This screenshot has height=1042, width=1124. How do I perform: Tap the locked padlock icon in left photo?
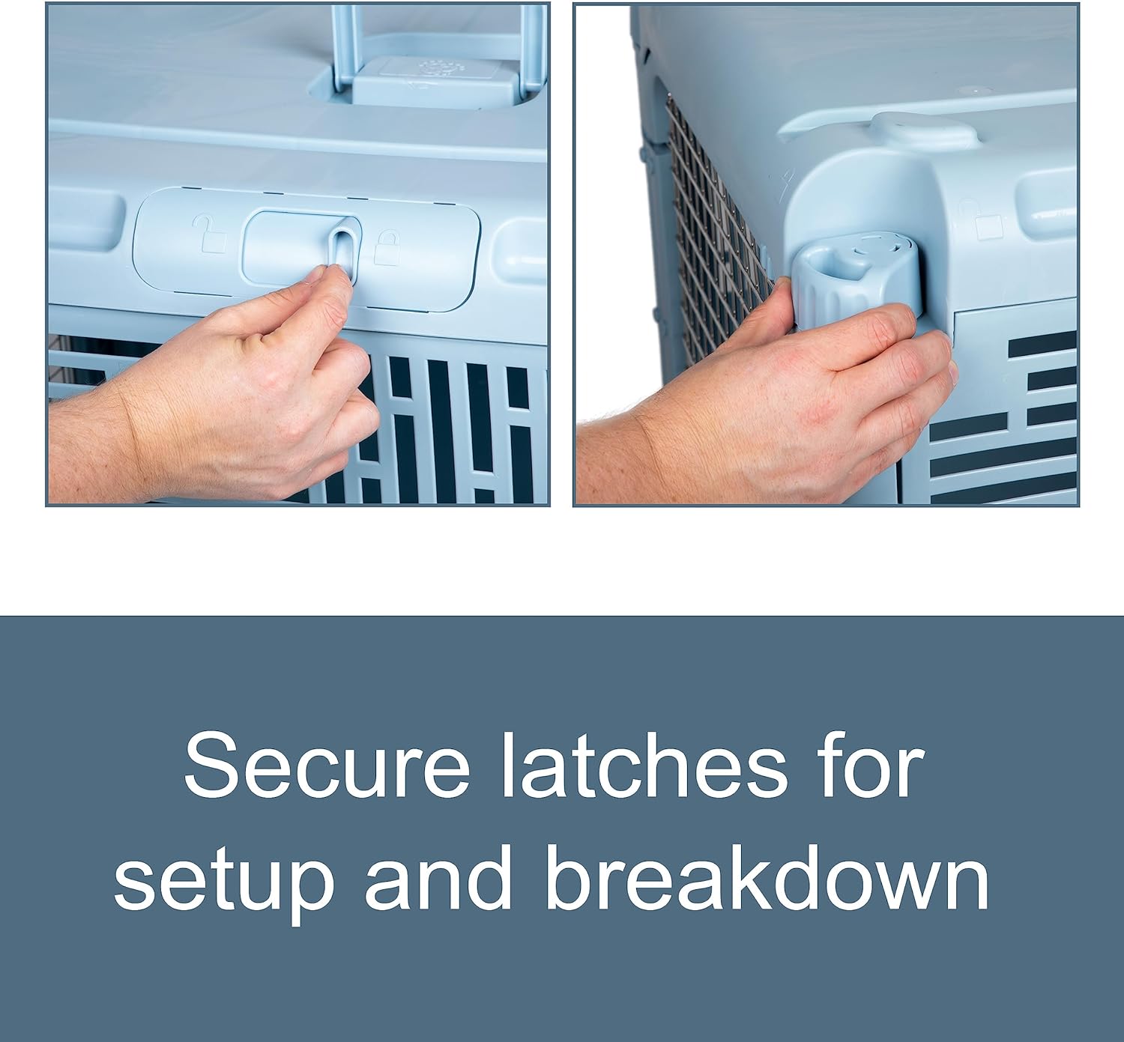[x=387, y=246]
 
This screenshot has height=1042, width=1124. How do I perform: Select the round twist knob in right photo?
[x=846, y=279]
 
